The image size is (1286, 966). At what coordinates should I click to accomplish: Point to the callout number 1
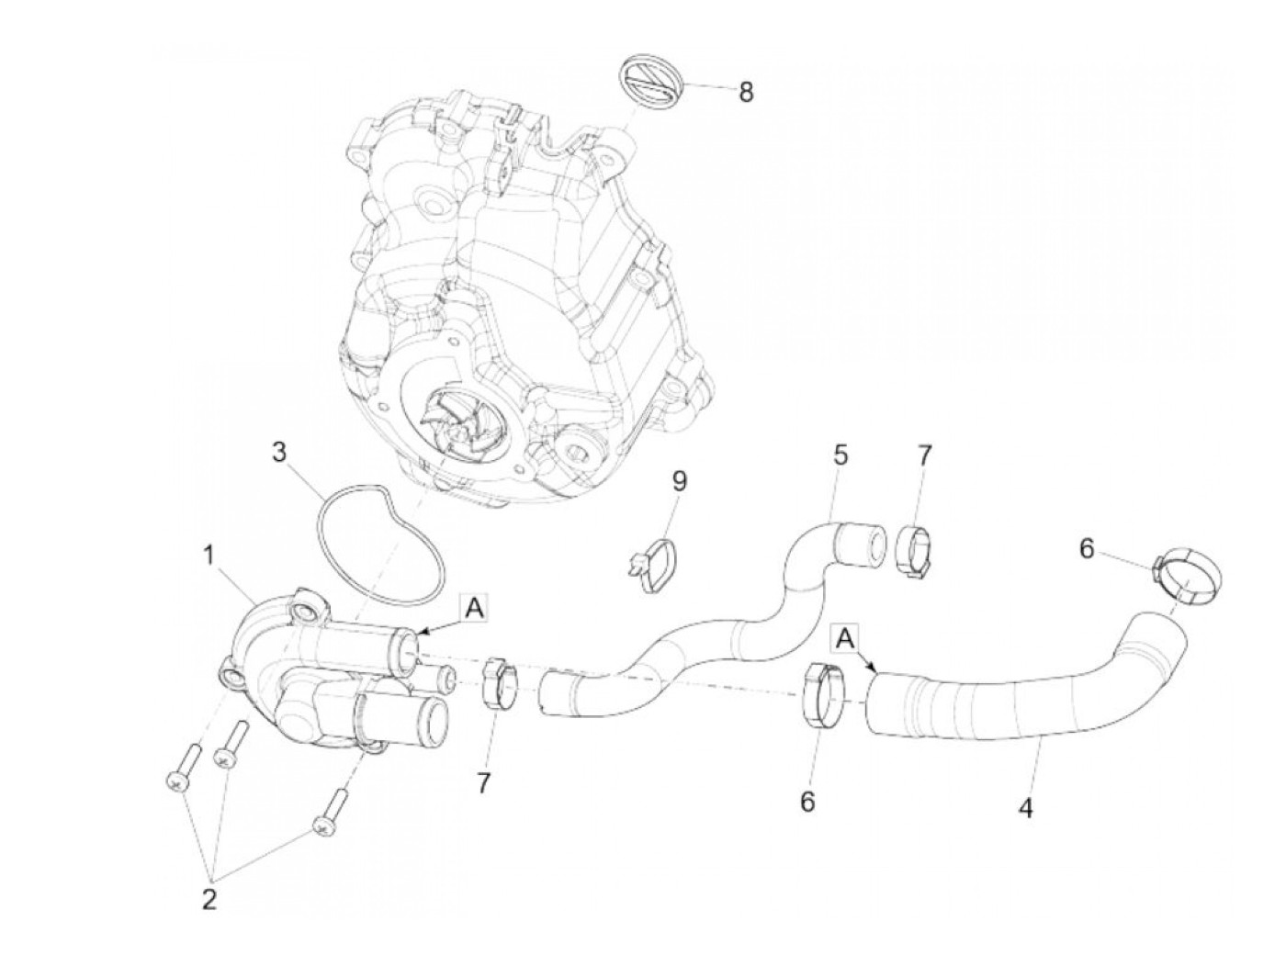[210, 556]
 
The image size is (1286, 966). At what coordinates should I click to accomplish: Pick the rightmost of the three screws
[328, 814]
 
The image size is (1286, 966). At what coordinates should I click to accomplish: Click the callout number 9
[679, 480]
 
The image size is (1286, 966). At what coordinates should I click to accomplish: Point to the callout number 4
[1026, 809]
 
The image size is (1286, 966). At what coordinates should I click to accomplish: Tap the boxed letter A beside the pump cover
[473, 607]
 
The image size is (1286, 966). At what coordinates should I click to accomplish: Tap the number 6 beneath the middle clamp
[807, 802]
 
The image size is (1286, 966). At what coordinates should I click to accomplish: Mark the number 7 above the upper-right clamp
[924, 455]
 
